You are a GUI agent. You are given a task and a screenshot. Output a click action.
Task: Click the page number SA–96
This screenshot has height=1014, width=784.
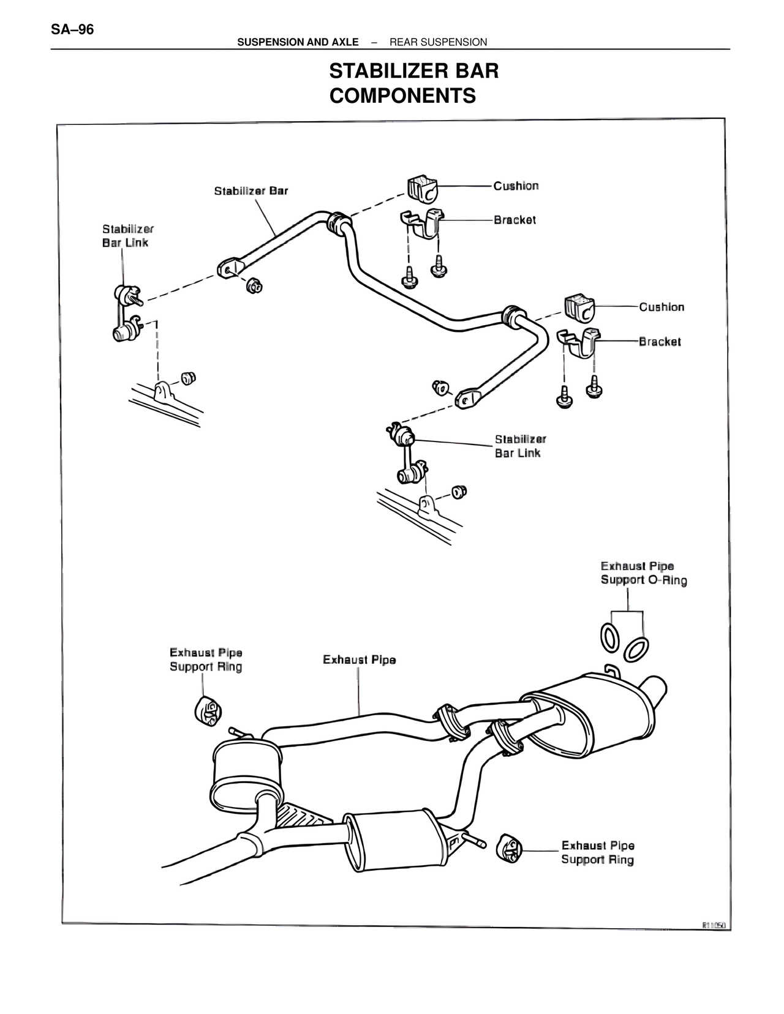tap(72, 29)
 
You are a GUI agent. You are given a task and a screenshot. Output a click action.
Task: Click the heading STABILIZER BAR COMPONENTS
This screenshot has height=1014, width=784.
tap(413, 83)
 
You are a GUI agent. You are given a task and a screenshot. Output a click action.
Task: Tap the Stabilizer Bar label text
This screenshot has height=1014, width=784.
tap(251, 191)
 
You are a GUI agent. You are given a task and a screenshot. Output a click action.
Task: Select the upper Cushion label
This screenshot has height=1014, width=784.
tap(516, 186)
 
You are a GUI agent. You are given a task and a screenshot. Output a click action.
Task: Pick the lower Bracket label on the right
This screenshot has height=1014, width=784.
tap(659, 342)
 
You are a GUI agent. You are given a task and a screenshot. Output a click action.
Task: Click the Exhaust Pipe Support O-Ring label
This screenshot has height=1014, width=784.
tap(643, 573)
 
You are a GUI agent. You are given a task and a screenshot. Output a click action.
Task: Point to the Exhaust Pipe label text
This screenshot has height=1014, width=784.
tap(359, 659)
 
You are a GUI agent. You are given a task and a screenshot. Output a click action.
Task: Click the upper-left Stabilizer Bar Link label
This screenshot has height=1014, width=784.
tap(127, 236)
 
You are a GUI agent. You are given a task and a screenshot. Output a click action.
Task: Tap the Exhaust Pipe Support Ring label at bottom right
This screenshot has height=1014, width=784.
tap(597, 852)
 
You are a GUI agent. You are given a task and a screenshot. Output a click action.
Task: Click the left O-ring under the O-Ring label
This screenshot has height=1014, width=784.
tap(609, 637)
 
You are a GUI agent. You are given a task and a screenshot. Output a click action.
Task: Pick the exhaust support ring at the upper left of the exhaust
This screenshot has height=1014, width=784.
tap(208, 710)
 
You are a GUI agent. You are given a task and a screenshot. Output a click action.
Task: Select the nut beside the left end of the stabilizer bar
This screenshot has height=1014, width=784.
tap(254, 285)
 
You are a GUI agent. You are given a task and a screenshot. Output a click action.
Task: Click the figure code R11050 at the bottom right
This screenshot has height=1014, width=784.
tap(713, 925)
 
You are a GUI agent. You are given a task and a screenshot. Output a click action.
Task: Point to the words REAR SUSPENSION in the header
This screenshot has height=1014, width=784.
tap(438, 42)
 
